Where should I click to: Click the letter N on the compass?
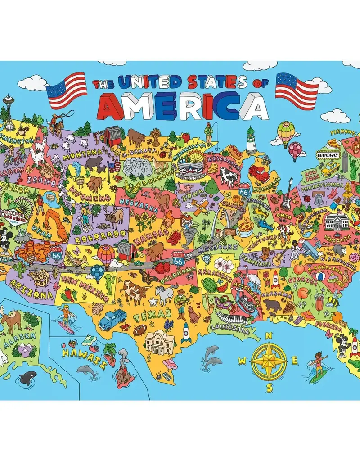pyautogui.click(x=269, y=334)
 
